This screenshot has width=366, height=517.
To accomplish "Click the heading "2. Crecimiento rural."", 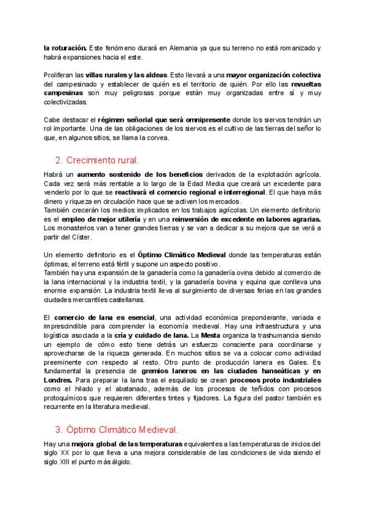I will pyautogui.click(x=97, y=161).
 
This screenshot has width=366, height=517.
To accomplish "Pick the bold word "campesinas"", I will pyautogui.click(x=65, y=93).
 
